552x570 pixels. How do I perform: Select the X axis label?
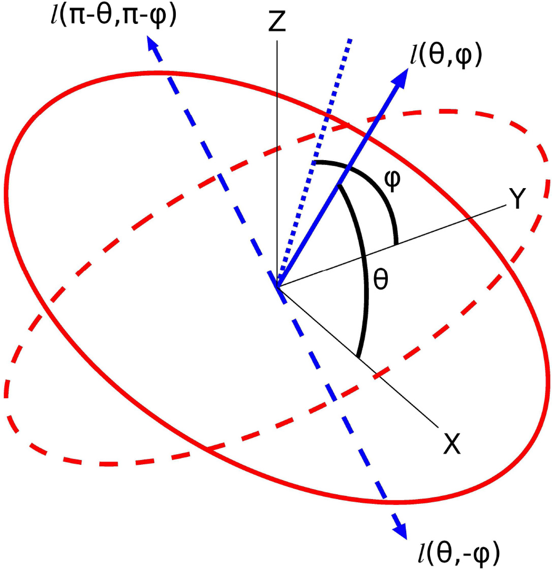coord(451,444)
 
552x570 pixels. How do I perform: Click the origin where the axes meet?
coord(278,286)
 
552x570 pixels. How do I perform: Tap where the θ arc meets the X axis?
coord(358,357)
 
